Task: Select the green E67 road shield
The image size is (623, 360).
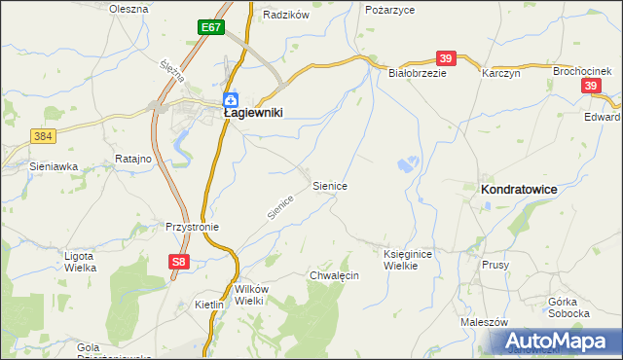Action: click(x=211, y=27)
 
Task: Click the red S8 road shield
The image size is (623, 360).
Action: click(x=177, y=262)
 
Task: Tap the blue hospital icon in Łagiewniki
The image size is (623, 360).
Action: click(x=231, y=99)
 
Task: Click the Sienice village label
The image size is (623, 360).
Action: click(x=330, y=184)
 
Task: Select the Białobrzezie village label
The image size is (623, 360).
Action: click(x=417, y=73)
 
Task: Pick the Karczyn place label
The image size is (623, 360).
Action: click(x=501, y=73)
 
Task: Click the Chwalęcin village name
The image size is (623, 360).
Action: click(x=334, y=275)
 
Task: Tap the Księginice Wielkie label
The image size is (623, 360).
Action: click(x=406, y=259)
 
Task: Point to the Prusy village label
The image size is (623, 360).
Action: click(x=495, y=264)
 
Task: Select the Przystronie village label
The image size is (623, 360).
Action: click(x=192, y=227)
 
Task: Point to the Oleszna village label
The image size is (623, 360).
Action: click(x=128, y=9)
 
